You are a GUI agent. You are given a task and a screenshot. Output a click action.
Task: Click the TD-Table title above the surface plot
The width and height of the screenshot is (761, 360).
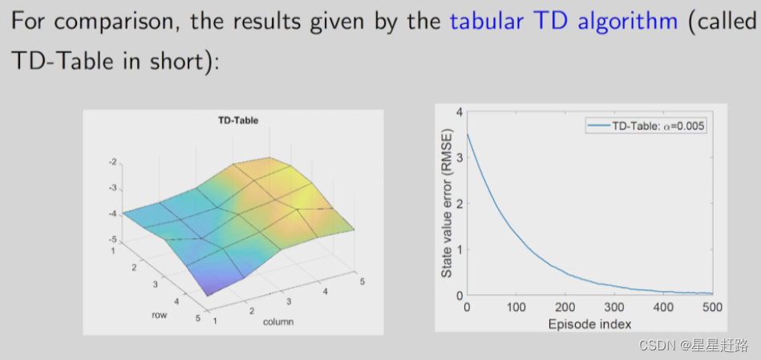[238, 120]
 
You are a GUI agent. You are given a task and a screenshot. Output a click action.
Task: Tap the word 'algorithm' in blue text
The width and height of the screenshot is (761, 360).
[628, 22]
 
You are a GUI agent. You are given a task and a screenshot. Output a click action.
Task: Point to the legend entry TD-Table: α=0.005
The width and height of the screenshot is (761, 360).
[646, 126]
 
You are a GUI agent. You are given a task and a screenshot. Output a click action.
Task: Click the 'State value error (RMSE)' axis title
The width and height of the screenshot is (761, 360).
[447, 204]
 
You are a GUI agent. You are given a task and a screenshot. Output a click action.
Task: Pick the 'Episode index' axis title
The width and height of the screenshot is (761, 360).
[589, 324]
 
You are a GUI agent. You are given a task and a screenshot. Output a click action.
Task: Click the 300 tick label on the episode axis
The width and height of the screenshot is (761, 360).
[614, 307]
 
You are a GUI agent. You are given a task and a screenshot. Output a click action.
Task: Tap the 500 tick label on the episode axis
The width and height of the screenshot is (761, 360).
[712, 307]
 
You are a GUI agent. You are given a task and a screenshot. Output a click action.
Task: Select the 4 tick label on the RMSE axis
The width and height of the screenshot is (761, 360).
[459, 112]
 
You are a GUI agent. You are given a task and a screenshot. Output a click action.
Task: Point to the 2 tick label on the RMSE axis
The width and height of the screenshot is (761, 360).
[459, 204]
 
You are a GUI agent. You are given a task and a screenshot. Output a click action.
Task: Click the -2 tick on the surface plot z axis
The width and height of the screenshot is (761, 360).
[112, 162]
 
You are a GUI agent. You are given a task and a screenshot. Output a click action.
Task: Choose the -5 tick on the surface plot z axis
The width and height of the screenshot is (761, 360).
[112, 239]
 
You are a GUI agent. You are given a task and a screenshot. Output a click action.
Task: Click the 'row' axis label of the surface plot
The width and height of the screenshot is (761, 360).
[159, 315]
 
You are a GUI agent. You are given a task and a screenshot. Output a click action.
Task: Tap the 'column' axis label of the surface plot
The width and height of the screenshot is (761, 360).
[278, 322]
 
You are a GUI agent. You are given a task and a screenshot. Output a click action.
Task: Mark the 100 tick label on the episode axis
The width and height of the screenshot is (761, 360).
[516, 307]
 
